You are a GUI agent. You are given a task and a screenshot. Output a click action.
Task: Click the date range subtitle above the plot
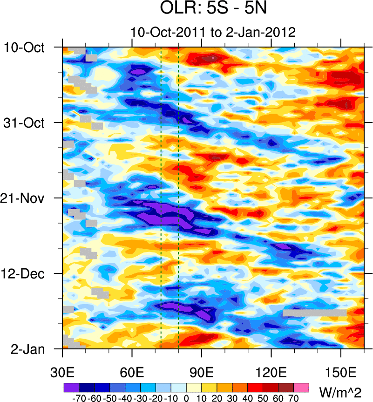[213, 33]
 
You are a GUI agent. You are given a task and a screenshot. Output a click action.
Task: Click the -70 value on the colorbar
[78, 399]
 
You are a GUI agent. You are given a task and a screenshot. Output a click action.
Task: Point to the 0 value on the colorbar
[186, 399]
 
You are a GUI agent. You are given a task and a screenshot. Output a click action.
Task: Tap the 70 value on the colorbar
[293, 399]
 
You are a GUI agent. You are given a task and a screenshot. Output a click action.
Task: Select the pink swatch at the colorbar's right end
[301, 387]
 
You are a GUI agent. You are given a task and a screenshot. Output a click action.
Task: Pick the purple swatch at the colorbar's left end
[71, 387]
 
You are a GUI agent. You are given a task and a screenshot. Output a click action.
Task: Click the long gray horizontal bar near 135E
[314, 313]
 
